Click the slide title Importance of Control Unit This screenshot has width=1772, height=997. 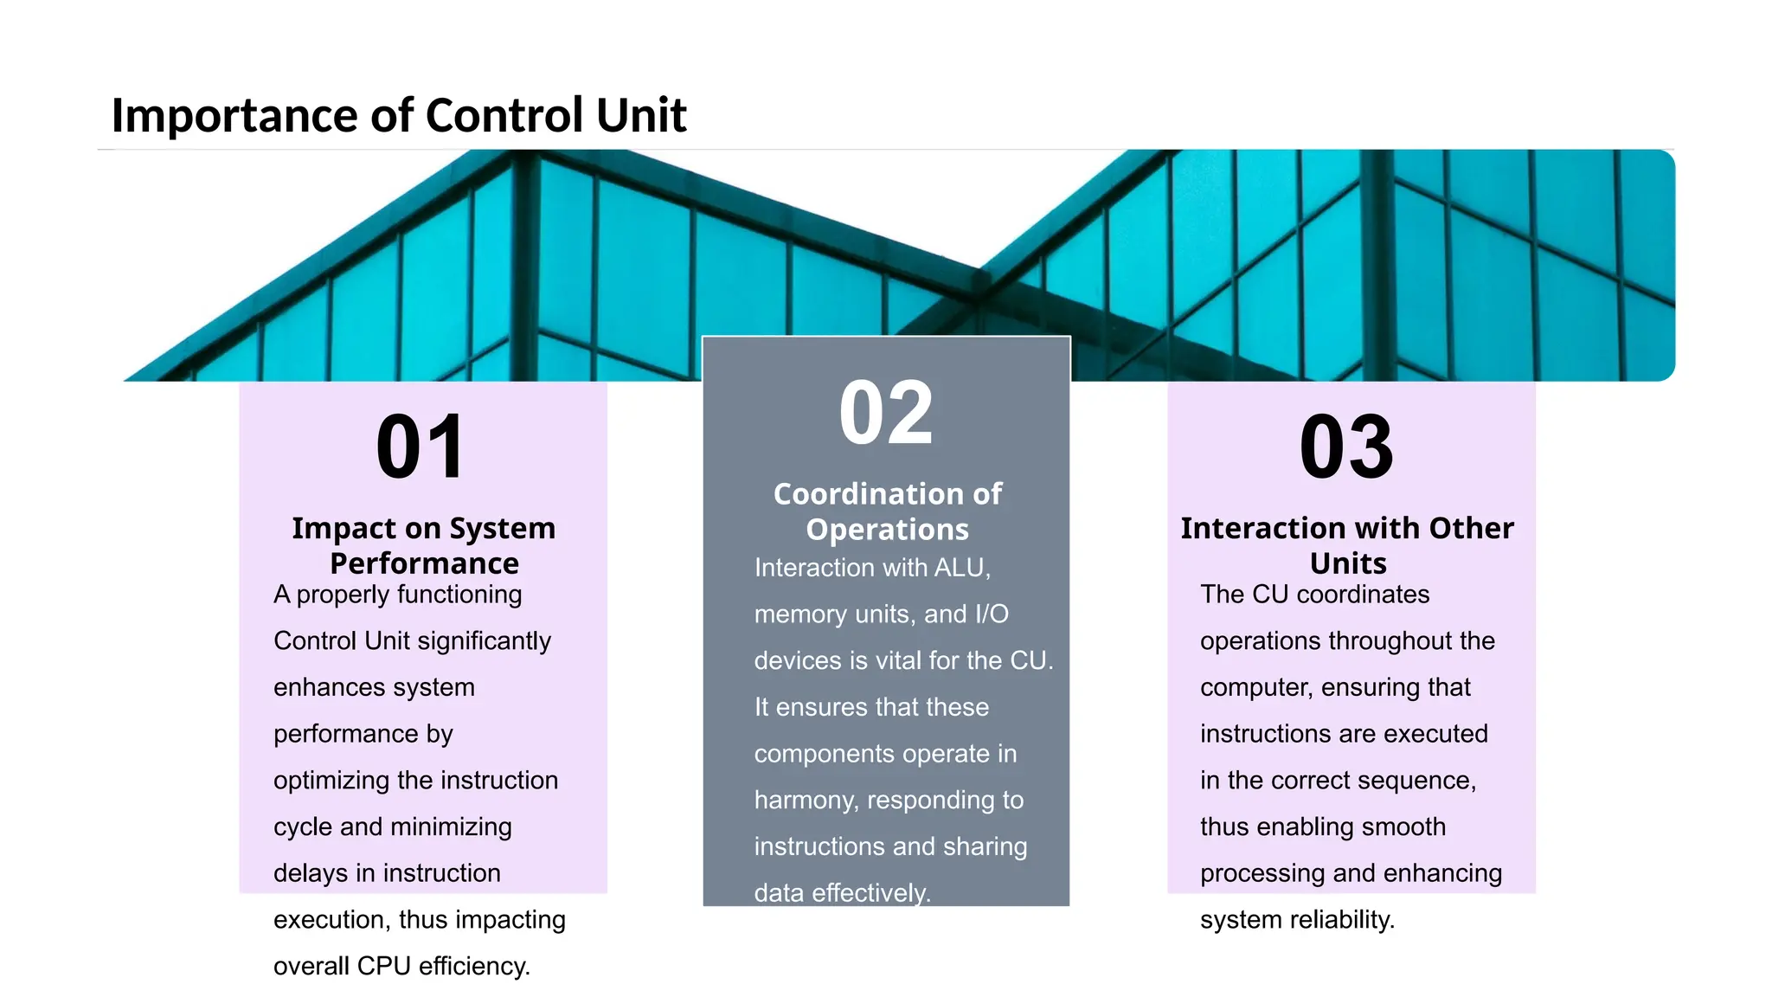click(398, 115)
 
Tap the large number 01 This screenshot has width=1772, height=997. click(421, 447)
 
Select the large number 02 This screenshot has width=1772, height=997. click(886, 413)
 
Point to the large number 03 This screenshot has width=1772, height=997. click(1346, 447)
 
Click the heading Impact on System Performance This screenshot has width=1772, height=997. click(423, 545)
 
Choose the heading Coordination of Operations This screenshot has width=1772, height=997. click(887, 511)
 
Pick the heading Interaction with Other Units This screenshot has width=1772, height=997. click(1347, 545)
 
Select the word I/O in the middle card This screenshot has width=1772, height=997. click(992, 614)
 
